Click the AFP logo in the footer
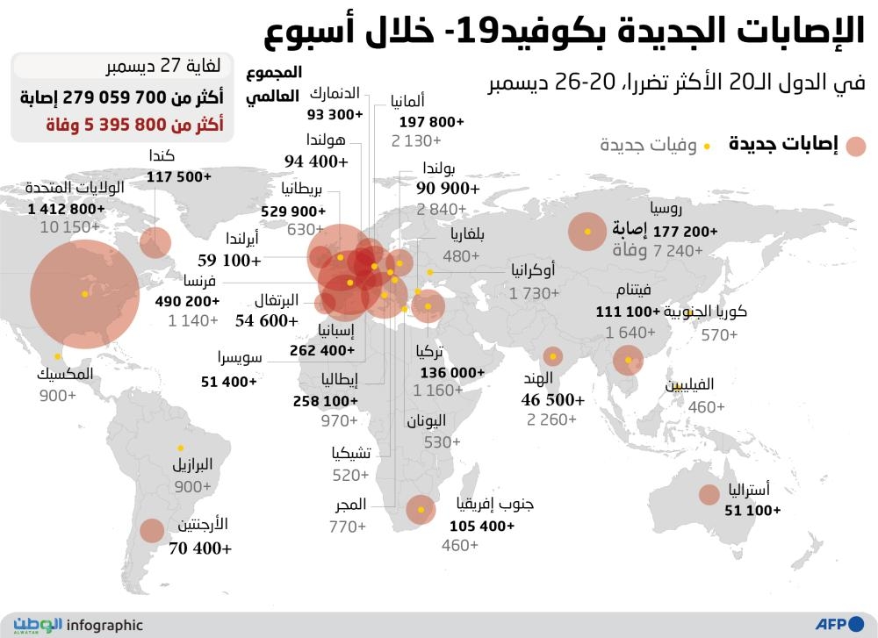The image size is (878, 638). [x=839, y=625]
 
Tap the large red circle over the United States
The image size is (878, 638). [x=84, y=293]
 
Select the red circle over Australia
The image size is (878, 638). [x=709, y=495]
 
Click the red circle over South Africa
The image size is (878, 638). [x=421, y=509]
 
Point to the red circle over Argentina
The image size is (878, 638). [x=152, y=530]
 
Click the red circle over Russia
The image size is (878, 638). [x=587, y=232]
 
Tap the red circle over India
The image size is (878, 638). [x=552, y=356]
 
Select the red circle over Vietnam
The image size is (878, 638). [x=628, y=359]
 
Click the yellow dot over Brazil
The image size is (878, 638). [x=180, y=447]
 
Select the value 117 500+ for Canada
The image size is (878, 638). [x=179, y=176]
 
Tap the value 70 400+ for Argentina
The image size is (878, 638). [x=202, y=549]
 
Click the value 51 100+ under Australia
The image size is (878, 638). [x=752, y=510]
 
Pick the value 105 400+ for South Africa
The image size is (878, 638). [x=482, y=527]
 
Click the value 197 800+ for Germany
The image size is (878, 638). [x=431, y=121]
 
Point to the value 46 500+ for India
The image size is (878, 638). [x=553, y=399]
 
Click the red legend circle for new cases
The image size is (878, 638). [x=855, y=146]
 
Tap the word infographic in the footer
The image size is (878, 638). [x=104, y=626]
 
